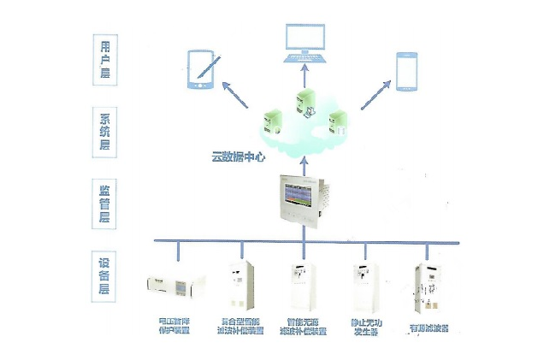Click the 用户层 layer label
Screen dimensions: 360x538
106,58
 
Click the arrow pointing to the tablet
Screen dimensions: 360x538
242,95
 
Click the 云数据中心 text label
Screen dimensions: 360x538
239,156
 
